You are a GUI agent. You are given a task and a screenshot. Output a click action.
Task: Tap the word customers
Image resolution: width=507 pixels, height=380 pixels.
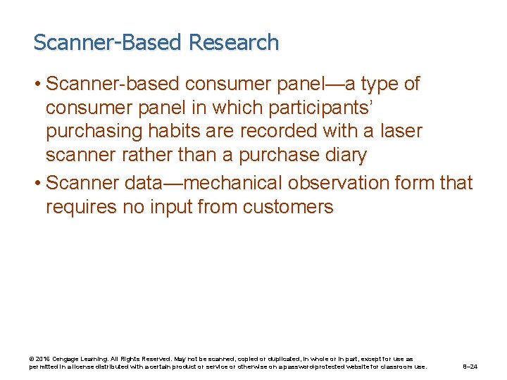pos(288,207)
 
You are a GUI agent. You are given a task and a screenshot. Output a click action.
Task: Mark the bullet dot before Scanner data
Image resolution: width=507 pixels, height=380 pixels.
pos(37,183)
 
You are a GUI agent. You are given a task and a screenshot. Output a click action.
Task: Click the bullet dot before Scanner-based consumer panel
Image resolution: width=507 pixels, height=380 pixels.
pos(37,84)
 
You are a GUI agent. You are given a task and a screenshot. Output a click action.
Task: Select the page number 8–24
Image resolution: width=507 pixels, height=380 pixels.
pos(470,367)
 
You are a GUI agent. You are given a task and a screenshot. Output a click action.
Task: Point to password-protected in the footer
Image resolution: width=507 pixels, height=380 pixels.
pos(330,367)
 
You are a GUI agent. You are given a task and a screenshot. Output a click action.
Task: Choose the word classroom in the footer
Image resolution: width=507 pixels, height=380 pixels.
pos(398,367)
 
